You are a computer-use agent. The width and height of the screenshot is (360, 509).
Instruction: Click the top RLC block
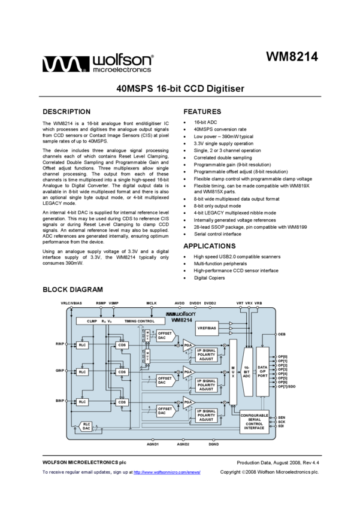pos(82,345)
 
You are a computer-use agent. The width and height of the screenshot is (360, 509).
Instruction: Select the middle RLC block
pos(82,372)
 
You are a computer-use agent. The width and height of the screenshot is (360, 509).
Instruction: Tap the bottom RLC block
pos(82,402)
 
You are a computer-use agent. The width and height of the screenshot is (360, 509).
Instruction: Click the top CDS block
pos(122,345)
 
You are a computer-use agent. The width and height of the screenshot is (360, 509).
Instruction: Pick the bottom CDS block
pos(122,402)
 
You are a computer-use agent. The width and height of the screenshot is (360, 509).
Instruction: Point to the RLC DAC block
pos(87,426)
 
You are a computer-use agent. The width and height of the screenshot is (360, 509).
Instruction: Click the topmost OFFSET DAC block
pos(165,336)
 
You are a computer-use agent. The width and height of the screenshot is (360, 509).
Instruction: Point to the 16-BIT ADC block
pos(247,372)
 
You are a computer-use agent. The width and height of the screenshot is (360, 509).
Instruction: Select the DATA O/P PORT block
pos(262,371)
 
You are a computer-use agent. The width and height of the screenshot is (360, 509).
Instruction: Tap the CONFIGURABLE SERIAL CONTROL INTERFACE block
pos(254,422)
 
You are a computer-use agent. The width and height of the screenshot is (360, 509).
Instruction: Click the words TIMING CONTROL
pos(139,322)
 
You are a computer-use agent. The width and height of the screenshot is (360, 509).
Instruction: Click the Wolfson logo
pos(180,314)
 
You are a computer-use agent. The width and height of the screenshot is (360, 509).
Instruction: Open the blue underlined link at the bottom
pos(167,472)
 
